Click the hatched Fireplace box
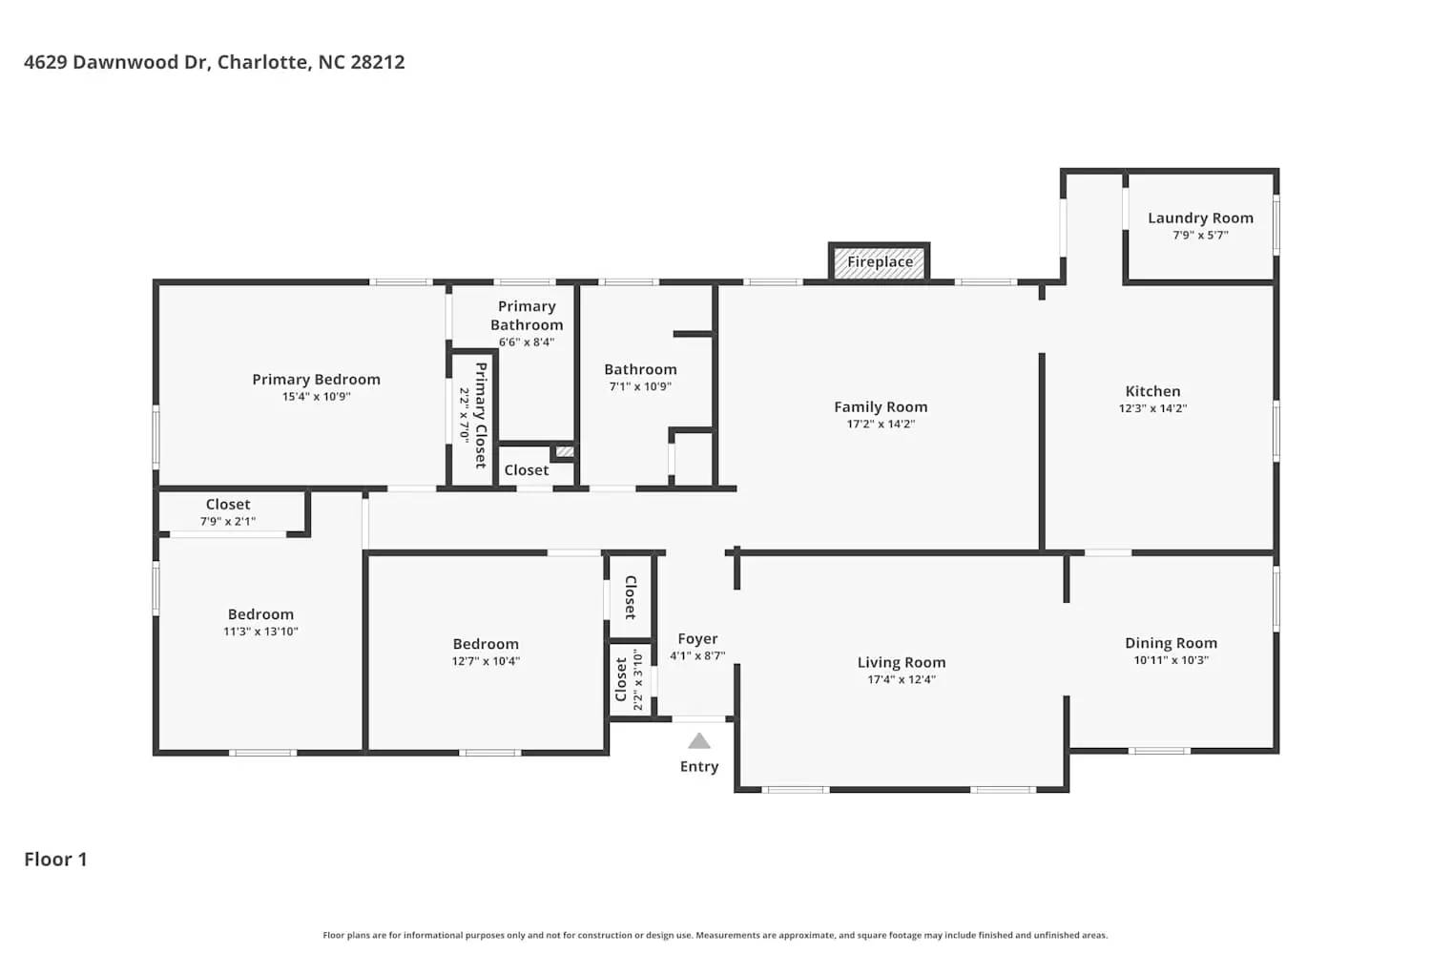point(879,262)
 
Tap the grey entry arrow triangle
point(699,741)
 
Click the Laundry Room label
point(1200,218)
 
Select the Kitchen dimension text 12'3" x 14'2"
point(1152,408)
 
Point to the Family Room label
point(881,407)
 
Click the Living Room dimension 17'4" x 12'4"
point(901,680)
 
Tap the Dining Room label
point(1171,643)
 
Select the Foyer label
point(697,639)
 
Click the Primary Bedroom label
point(316,380)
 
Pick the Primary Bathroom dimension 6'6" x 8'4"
point(527,342)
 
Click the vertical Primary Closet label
point(481,415)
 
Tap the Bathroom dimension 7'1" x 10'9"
point(640,387)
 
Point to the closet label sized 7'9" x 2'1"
point(228,505)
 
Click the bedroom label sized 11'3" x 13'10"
point(260,615)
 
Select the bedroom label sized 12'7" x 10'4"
point(486,645)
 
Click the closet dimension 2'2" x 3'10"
point(638,679)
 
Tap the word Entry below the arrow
point(699,767)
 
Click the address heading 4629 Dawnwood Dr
point(214,62)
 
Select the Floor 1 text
point(55,860)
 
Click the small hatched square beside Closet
point(565,451)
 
